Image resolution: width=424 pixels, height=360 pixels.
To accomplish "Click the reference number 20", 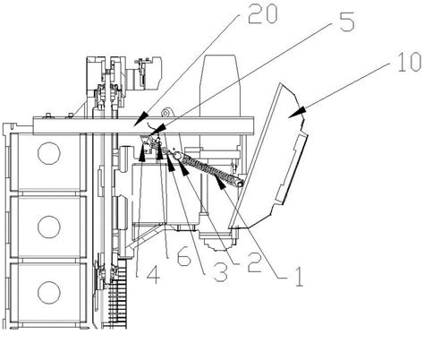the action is (262, 14).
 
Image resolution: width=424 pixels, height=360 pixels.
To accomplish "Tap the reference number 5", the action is (347, 21).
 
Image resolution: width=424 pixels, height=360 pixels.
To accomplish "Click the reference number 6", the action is (183, 256).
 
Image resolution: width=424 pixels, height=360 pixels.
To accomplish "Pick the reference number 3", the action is (220, 273).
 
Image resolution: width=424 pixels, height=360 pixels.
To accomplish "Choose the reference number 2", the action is (255, 262).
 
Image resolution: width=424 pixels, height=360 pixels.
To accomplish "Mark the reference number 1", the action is (299, 278).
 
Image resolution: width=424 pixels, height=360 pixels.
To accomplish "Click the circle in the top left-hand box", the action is (49, 153).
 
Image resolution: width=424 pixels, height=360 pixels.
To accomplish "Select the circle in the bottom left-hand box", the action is (49, 293).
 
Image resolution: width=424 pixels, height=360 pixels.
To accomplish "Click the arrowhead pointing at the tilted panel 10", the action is (297, 112).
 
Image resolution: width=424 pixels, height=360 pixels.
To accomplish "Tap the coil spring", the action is (211, 169).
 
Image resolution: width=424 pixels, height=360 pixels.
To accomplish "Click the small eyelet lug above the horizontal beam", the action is (165, 112).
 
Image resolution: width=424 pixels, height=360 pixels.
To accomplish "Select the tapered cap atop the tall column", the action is (221, 71).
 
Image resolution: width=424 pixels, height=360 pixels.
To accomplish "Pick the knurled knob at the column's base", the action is (220, 244).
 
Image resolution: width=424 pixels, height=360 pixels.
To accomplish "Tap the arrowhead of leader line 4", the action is (143, 153).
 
